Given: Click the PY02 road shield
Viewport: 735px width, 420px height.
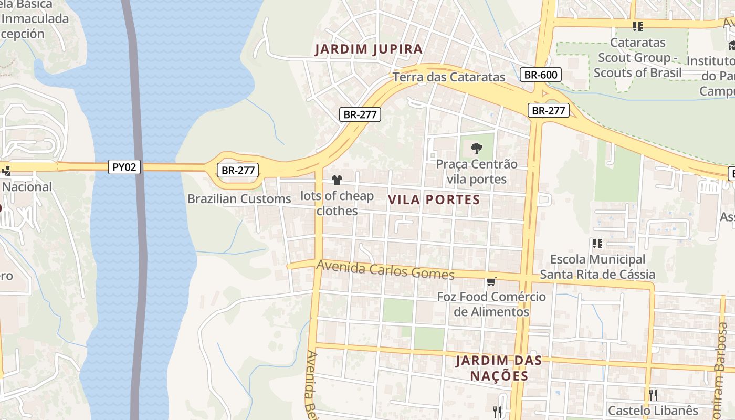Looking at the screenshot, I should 125,167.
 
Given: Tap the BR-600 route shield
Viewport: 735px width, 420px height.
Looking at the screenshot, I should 541,75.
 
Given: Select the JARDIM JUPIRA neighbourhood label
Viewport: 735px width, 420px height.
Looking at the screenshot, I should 369,49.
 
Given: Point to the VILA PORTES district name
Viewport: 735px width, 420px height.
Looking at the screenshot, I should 434,199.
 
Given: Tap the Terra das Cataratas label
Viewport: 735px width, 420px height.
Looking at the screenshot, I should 449,77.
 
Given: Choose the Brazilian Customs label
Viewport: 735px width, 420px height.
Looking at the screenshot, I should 239,199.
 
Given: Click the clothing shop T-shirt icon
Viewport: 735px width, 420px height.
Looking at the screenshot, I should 337,180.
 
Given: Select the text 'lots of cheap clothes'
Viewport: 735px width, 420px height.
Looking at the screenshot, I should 337,203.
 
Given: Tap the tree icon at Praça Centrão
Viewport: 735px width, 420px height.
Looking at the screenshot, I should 477,148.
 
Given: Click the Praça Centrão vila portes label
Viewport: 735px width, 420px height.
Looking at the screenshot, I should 477,172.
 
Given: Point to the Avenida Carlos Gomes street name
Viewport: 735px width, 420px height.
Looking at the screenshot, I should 385,270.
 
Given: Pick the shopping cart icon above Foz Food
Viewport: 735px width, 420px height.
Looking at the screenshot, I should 491,282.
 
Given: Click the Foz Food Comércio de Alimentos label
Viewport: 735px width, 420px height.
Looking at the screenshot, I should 491,304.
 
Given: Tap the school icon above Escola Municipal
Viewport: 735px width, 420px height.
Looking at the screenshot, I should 597,243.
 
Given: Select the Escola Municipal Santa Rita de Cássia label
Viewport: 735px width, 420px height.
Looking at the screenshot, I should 597,267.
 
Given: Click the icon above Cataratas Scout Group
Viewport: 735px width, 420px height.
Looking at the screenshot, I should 638,26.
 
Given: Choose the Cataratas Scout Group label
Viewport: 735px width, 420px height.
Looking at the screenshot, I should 638,57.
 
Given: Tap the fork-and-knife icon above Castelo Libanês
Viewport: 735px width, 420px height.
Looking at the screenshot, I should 653,395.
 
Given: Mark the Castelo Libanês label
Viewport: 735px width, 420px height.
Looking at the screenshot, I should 653,411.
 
